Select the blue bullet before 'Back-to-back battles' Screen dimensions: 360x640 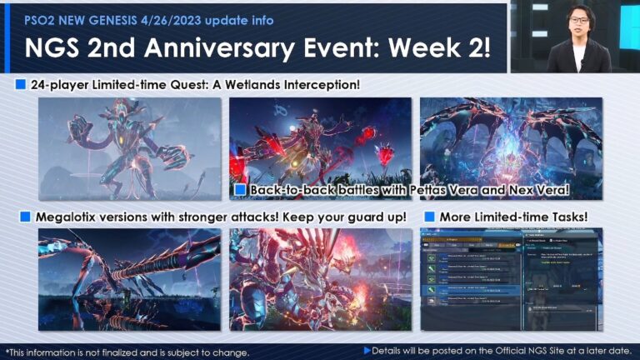click(x=240, y=190)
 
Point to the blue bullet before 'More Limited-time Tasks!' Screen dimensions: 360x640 click(x=429, y=217)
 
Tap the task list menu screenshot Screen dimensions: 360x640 click(x=510, y=279)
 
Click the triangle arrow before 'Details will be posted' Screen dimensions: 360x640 click(x=367, y=351)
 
